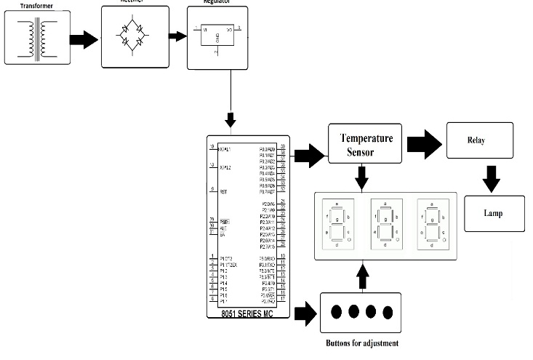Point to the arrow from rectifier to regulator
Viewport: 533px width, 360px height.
[175, 36]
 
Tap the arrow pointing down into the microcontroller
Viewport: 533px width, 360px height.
[231, 119]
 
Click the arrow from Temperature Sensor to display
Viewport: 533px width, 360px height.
[360, 177]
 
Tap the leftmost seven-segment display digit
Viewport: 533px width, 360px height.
[337, 224]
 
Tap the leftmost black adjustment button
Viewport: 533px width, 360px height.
[337, 311]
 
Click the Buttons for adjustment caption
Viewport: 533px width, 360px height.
[361, 343]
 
